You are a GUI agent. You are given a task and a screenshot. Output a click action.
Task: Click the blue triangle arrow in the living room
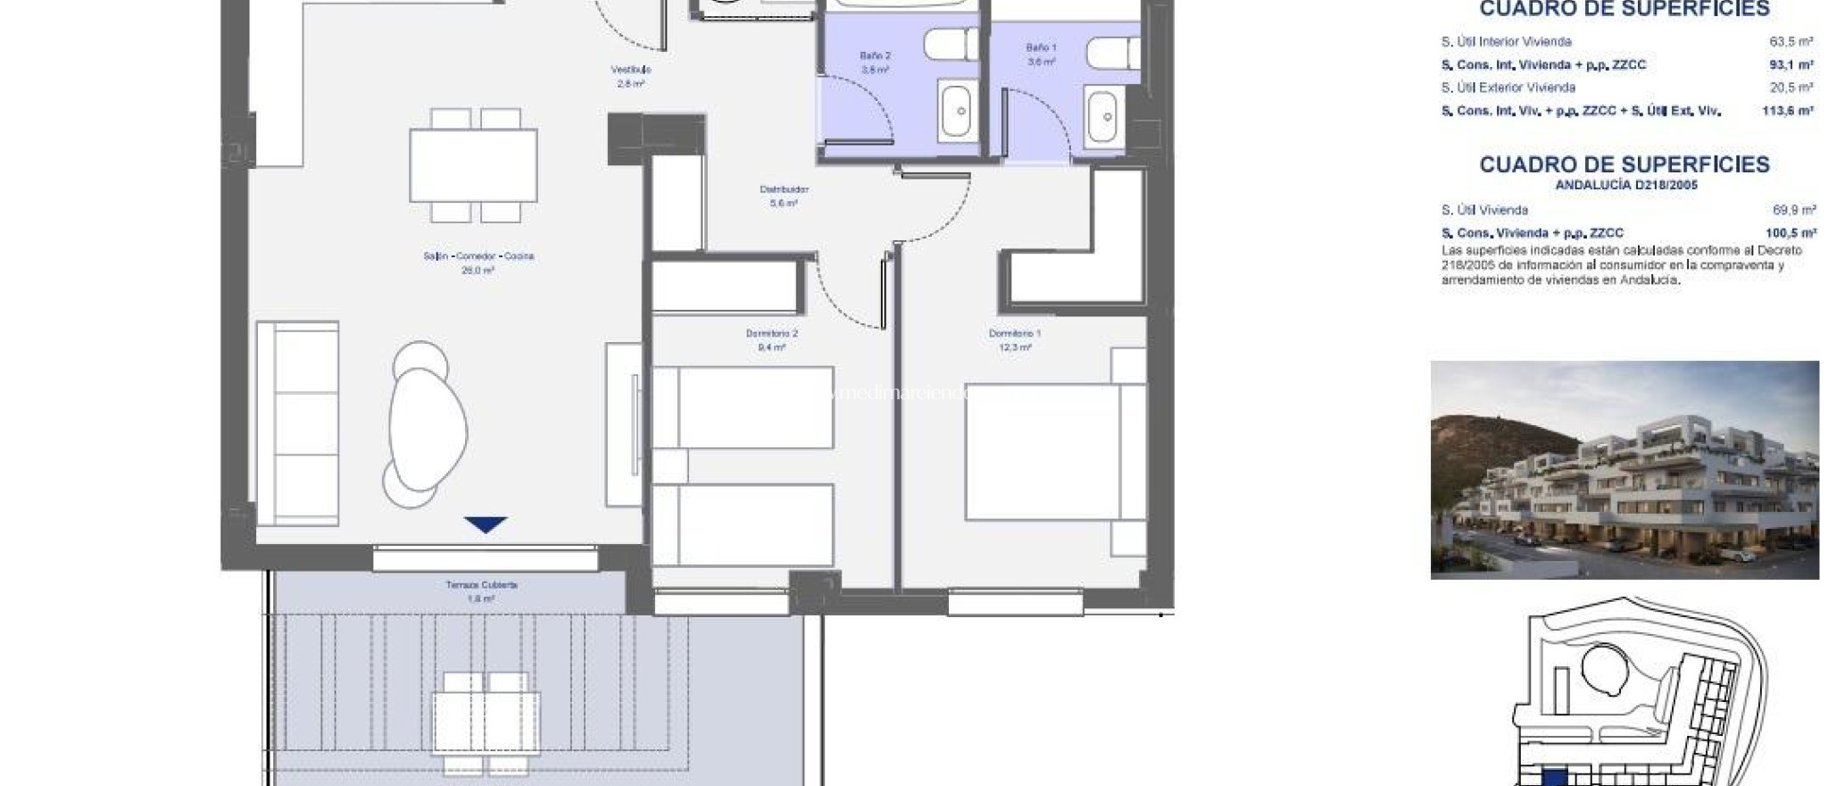pyautogui.click(x=486, y=525)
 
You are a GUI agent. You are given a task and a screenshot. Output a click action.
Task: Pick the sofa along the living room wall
pyautogui.click(x=297, y=423)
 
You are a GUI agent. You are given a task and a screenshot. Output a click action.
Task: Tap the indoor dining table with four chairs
pyautogui.click(x=473, y=165)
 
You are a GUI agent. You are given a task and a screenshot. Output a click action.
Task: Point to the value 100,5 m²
pyautogui.click(x=1792, y=233)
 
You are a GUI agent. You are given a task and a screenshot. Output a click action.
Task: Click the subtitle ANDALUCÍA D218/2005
pyautogui.click(x=1625, y=186)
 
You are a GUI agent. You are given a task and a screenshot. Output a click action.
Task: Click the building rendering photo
pyautogui.click(x=1624, y=470)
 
